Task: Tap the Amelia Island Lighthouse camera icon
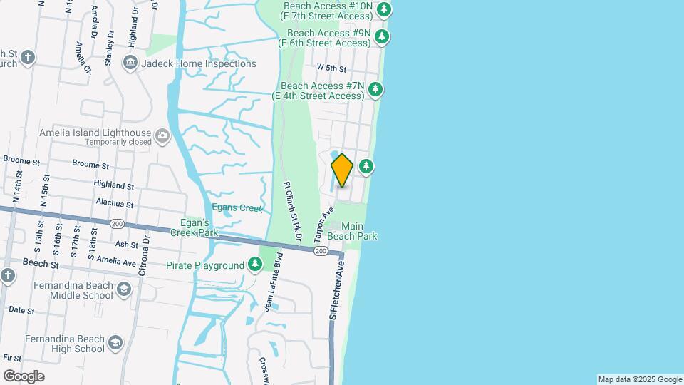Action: coord(162,135)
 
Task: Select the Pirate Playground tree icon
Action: coord(255,265)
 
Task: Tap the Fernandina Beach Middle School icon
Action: coord(124,289)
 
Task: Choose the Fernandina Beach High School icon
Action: coord(115,344)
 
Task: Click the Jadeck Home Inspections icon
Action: coord(130,63)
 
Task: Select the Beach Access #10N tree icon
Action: coord(384,9)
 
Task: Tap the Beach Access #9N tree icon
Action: coord(382,36)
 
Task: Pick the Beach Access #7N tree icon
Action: coord(375,90)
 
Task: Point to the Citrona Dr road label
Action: coord(143,256)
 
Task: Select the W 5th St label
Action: coord(331,69)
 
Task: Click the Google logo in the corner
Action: coord(24,376)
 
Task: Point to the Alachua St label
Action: coord(113,202)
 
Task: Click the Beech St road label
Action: coord(40,264)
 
